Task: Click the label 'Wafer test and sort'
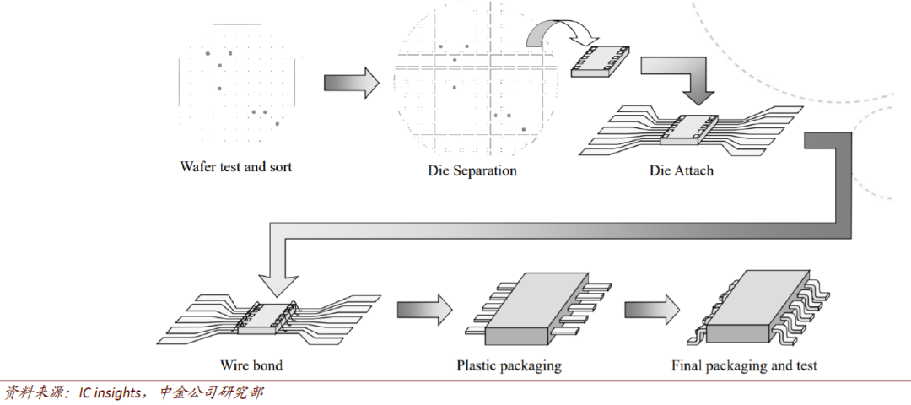pyautogui.click(x=235, y=167)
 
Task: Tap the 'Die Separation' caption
pyautogui.click(x=472, y=170)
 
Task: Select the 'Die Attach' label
pyautogui.click(x=681, y=170)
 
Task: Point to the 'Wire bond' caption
pyautogui.click(x=251, y=365)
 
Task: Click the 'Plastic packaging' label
pyautogui.click(x=509, y=365)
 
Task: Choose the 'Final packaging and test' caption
pyautogui.click(x=744, y=365)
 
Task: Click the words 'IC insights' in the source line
pyautogui.click(x=110, y=392)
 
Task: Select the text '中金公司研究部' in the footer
pyautogui.click(x=212, y=392)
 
